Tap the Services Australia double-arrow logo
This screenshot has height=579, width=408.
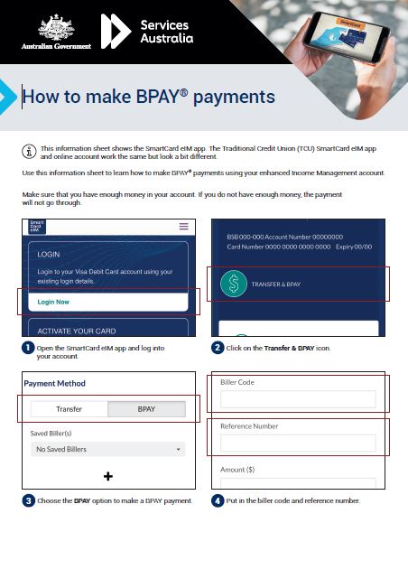115,31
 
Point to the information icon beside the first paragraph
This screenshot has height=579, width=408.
29,150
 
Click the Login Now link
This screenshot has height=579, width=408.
53,302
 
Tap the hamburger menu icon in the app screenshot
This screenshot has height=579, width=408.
184,227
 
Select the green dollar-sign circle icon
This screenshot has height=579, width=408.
234,283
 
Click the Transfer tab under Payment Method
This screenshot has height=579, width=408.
69,409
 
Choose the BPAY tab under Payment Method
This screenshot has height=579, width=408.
146,409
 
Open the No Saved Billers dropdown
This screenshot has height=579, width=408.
107,449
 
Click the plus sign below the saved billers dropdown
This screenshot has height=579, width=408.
108,476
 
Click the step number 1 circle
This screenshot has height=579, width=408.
28,348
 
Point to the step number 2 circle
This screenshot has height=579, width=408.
218,348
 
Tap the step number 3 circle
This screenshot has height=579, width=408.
28,500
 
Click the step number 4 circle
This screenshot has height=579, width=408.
218,500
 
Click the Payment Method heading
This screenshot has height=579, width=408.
54,384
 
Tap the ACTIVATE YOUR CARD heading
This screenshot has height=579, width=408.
71,332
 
